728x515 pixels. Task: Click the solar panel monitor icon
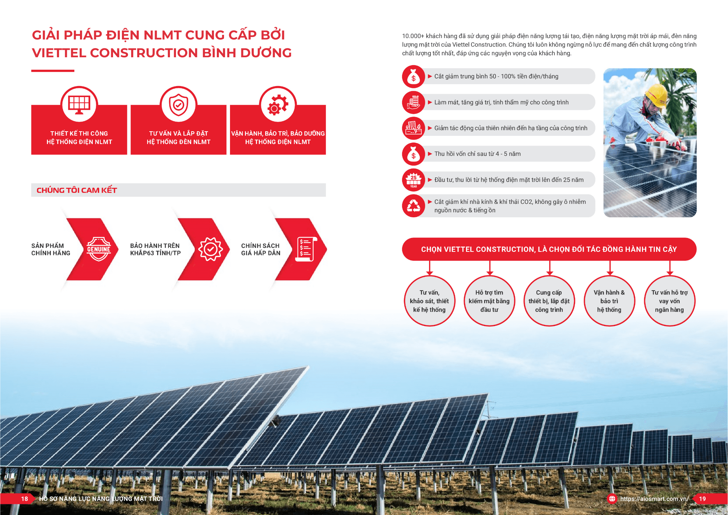click(79, 105)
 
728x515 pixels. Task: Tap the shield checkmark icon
click(178, 105)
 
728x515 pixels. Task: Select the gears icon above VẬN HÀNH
click(278, 105)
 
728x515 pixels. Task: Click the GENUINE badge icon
click(99, 249)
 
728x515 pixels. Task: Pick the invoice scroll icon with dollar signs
click(306, 249)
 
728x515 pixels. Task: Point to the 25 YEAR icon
click(413, 180)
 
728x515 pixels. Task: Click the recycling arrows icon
click(413, 206)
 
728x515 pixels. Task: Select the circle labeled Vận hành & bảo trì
click(609, 301)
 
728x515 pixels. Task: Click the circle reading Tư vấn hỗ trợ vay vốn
click(669, 301)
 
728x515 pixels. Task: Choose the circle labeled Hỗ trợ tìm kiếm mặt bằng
click(489, 301)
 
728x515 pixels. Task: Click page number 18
click(25, 499)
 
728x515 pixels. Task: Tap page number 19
click(702, 499)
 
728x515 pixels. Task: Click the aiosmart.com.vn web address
click(654, 499)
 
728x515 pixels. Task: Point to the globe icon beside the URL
click(612, 499)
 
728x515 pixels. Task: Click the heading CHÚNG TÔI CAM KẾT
click(77, 190)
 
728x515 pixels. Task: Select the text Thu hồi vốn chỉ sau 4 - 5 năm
click(477, 154)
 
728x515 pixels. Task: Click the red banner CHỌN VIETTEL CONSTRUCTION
click(549, 249)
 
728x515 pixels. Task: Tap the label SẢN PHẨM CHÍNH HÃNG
click(51, 249)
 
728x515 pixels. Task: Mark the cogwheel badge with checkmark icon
click(210, 249)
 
